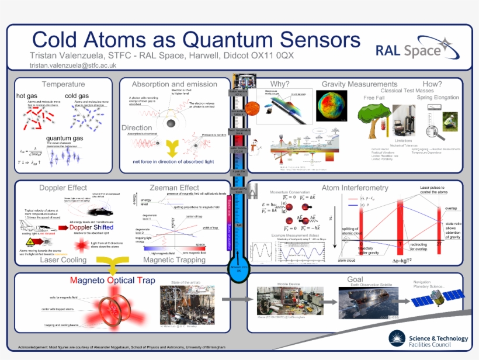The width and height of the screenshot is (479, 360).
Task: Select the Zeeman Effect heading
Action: [x=174, y=188]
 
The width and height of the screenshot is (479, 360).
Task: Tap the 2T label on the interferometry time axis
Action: [x=439, y=245]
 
